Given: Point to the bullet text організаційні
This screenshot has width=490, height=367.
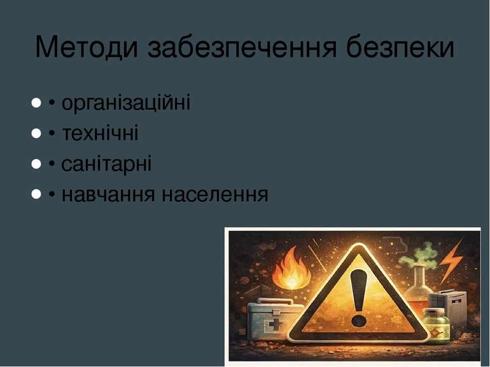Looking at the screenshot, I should (126, 103).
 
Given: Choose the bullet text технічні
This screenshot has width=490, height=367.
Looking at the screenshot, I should (100, 134).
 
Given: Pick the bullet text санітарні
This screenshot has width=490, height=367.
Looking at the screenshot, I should (106, 164).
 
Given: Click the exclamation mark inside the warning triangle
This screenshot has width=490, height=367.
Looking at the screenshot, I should (360, 295).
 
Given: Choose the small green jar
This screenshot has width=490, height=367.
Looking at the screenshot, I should (437, 326).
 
